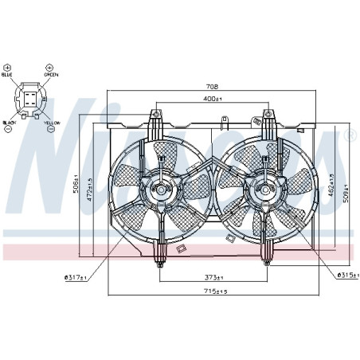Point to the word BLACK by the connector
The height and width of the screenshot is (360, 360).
(10, 123)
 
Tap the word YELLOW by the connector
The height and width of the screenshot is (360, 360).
(52, 123)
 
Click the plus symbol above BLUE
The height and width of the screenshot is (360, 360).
(9, 67)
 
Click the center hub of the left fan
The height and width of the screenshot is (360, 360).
(159, 190)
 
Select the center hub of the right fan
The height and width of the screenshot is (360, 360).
(263, 190)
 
